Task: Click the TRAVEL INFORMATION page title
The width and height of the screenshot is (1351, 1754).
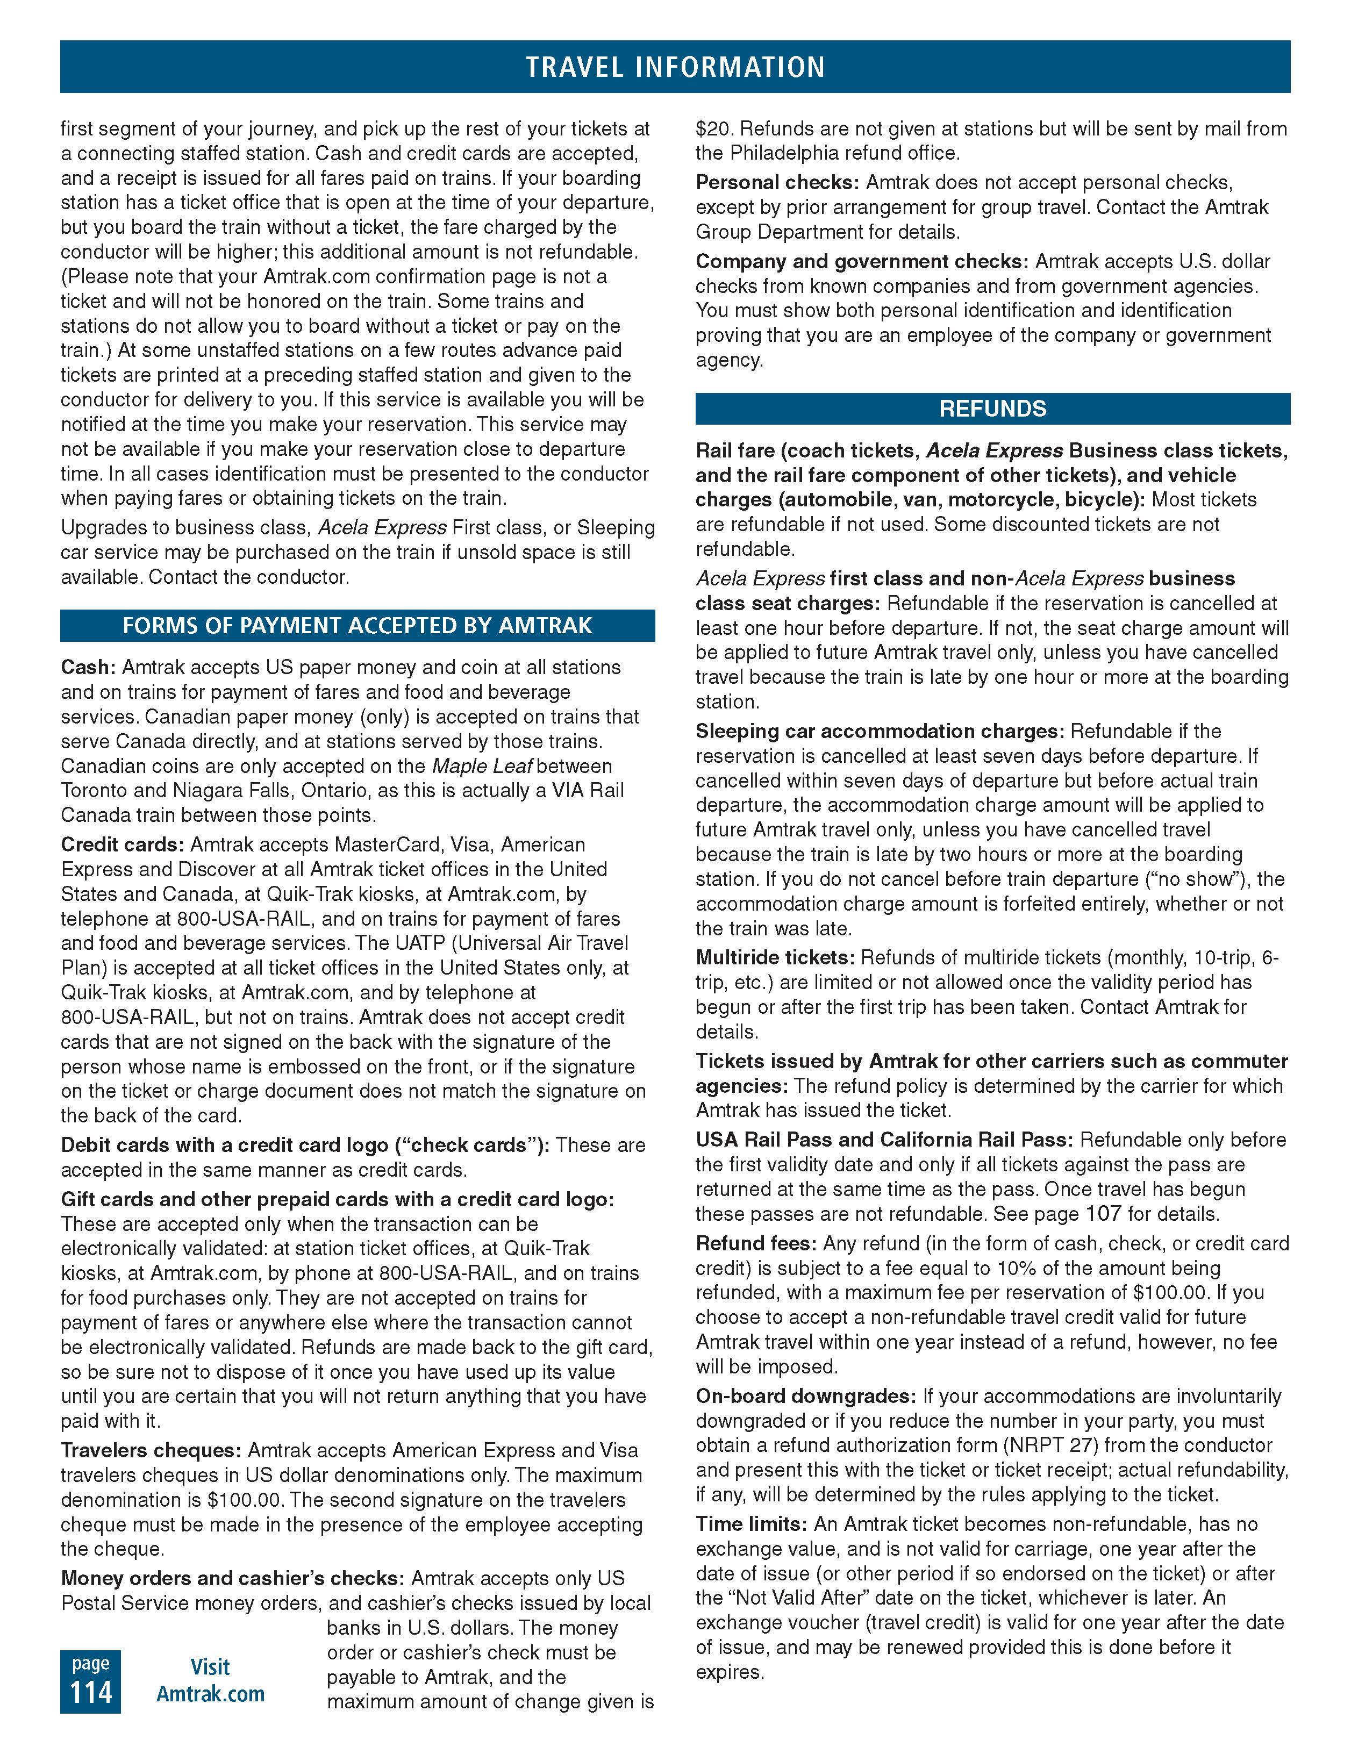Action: click(x=675, y=67)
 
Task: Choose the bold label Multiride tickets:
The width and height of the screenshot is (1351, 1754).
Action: click(x=774, y=957)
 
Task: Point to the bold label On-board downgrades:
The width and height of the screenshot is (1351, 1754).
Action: click(x=806, y=1396)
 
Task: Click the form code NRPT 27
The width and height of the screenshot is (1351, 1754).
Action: click(x=1055, y=1445)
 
